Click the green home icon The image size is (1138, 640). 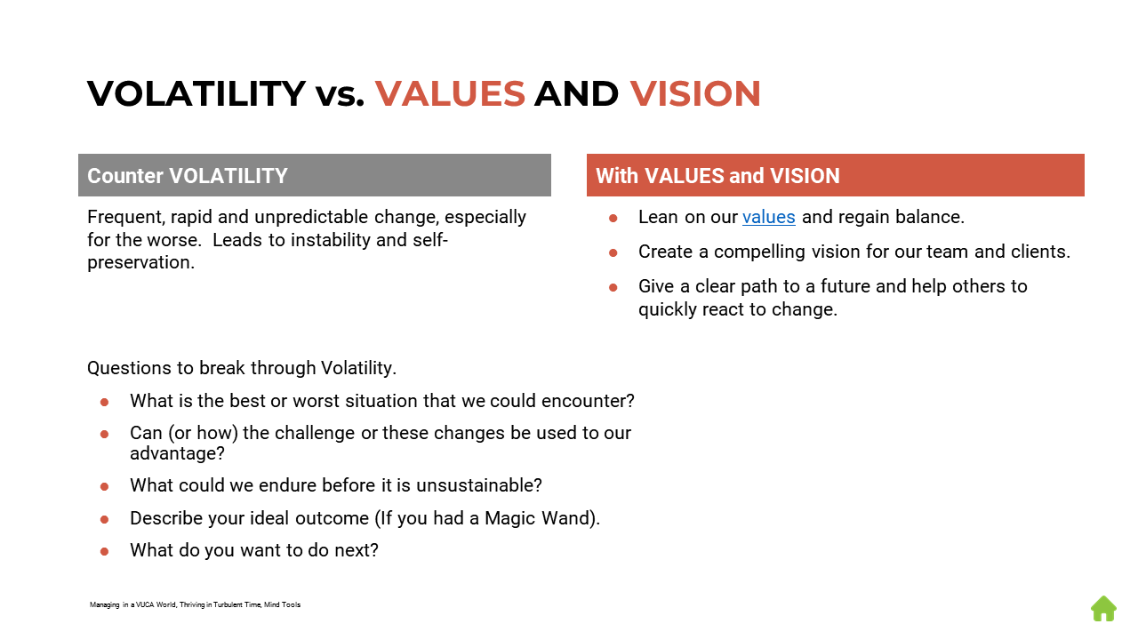click(x=1103, y=609)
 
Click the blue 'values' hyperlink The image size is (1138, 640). click(x=768, y=217)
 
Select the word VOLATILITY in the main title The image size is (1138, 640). click(x=196, y=94)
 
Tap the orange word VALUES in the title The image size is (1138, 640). click(x=450, y=94)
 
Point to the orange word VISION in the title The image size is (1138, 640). click(x=695, y=94)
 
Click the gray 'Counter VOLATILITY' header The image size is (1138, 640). click(x=314, y=175)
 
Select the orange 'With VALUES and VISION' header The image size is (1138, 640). click(x=835, y=175)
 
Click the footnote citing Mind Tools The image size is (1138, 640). click(x=195, y=604)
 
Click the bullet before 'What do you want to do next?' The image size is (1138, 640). click(x=104, y=551)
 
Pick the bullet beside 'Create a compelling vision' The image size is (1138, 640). click(x=613, y=252)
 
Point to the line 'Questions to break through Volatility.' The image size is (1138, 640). click(x=242, y=368)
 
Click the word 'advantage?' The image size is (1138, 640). click(x=177, y=453)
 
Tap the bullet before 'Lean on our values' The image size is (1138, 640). click(x=613, y=218)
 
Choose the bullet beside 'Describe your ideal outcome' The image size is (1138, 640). click(x=104, y=519)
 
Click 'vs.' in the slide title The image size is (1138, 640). click(x=340, y=94)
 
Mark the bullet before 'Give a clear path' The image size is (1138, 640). click(x=613, y=287)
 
